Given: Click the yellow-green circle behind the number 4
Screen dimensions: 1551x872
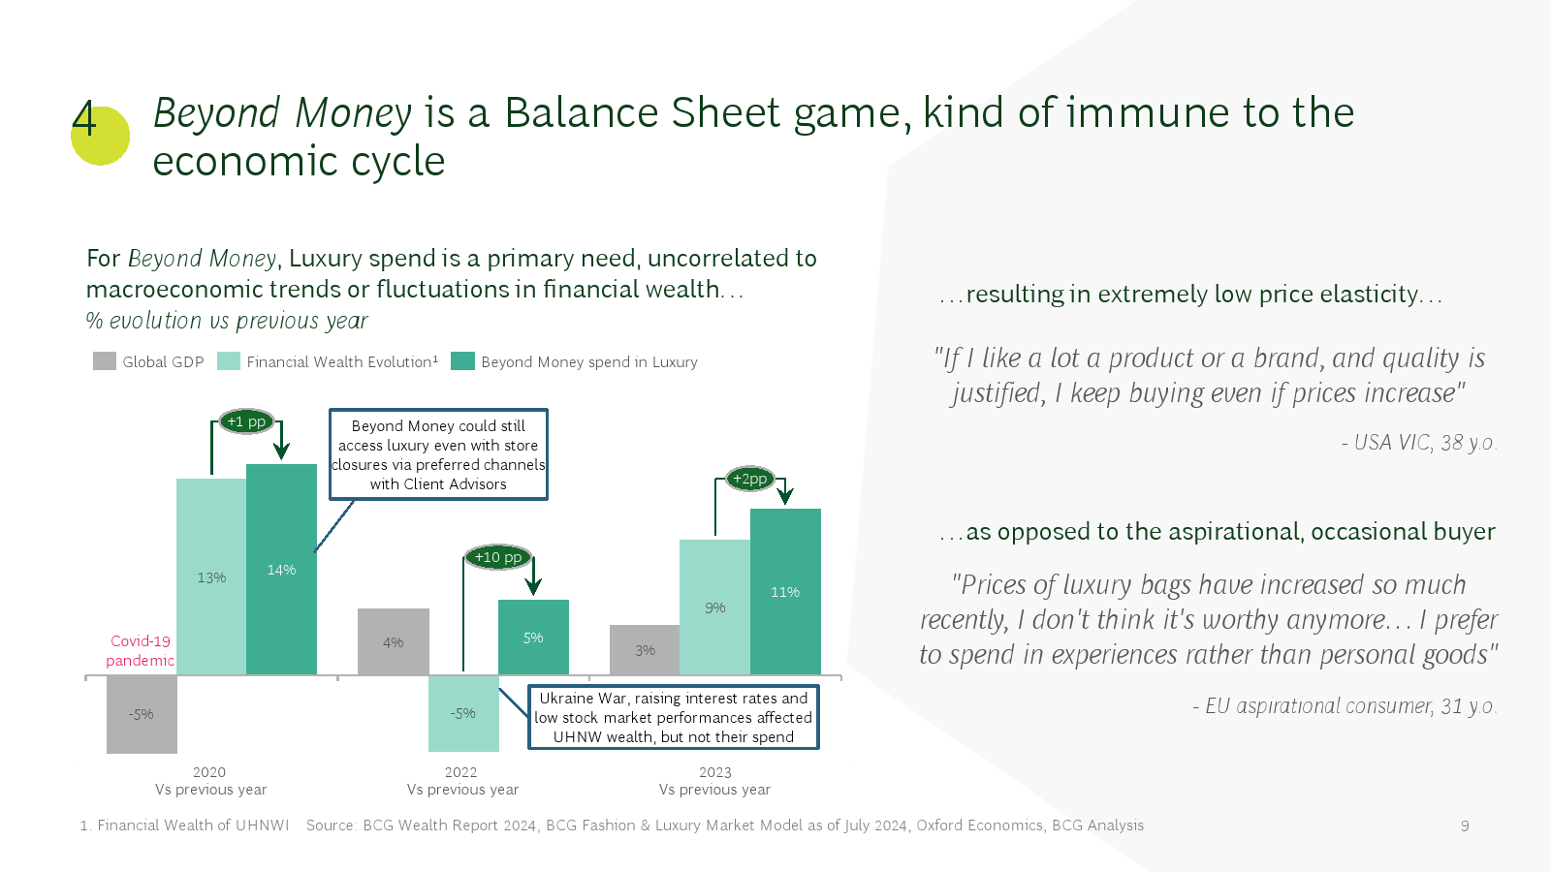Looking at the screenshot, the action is [x=101, y=136].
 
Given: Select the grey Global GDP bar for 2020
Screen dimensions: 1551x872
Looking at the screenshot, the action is [x=142, y=714].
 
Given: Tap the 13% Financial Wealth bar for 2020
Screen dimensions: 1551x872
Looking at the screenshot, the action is [x=211, y=576].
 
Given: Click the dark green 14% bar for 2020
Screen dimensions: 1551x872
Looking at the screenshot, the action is [x=282, y=569].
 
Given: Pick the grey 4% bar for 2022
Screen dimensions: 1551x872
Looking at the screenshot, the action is [x=394, y=641].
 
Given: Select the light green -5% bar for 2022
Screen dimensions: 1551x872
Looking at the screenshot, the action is [x=464, y=713].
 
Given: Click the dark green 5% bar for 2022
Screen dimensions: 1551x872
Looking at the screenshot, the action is [x=534, y=638].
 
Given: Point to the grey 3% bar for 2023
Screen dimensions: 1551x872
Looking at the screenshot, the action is [x=645, y=650].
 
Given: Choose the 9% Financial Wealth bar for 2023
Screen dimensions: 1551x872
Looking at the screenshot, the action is [x=715, y=607].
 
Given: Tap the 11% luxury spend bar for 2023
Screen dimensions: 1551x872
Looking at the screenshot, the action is [x=786, y=592].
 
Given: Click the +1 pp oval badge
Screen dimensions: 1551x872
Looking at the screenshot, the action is [x=246, y=421].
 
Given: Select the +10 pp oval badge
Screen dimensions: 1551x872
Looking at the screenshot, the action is [x=498, y=557].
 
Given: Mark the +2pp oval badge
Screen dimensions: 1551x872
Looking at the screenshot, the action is [x=750, y=479].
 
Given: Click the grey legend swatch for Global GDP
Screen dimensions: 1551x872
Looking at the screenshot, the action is [x=105, y=361].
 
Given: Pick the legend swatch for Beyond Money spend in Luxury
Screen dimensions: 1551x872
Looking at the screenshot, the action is [x=462, y=361].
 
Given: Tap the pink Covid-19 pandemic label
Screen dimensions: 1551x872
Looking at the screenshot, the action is [x=140, y=650].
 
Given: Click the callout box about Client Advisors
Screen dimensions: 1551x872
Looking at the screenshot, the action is [x=438, y=454].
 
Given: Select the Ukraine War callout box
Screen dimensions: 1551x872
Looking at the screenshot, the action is [x=674, y=717].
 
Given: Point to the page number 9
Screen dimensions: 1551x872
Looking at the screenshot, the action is [x=1465, y=825].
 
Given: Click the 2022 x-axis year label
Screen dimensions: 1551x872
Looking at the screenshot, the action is [x=461, y=771].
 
